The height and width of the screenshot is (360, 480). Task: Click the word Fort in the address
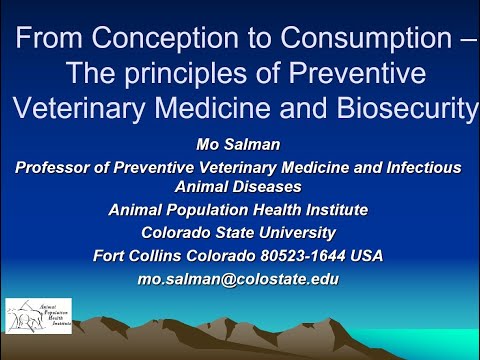point(110,255)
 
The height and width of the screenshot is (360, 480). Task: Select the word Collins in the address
point(157,255)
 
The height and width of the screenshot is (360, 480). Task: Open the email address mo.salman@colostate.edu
point(238,279)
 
